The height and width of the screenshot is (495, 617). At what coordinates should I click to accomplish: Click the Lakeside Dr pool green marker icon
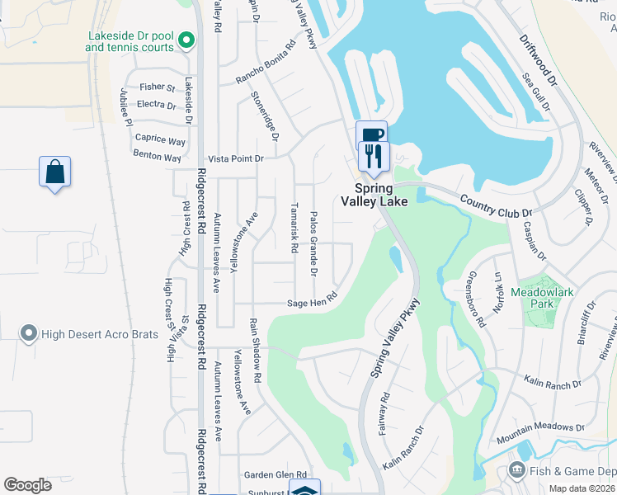(x=186, y=39)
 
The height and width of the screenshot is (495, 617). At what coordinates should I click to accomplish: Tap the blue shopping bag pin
(x=54, y=172)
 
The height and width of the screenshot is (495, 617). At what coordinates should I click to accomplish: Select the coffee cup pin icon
(x=370, y=134)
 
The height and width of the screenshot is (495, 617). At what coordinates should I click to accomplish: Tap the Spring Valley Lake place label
(x=374, y=195)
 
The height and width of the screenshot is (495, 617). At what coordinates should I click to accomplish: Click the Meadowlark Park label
(x=542, y=298)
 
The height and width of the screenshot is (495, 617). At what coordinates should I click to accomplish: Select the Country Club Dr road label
(x=497, y=206)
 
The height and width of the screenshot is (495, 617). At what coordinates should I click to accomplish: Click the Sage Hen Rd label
(x=313, y=300)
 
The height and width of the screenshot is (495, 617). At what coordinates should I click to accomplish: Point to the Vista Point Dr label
(x=235, y=158)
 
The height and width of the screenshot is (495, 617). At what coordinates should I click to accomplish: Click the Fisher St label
(x=158, y=87)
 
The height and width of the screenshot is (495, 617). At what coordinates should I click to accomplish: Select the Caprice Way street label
(x=160, y=140)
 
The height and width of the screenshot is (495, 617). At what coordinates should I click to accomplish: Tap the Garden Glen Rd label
(x=275, y=474)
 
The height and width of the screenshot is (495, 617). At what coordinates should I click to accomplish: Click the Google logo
(x=27, y=485)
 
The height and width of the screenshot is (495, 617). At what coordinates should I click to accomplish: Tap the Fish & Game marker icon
(x=517, y=471)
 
